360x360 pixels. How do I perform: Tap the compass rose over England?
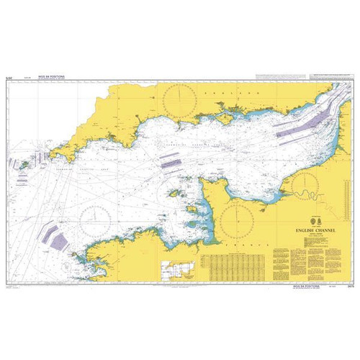point(181,102)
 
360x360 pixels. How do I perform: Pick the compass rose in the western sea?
point(96,220)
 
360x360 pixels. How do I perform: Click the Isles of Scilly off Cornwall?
point(24,164)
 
